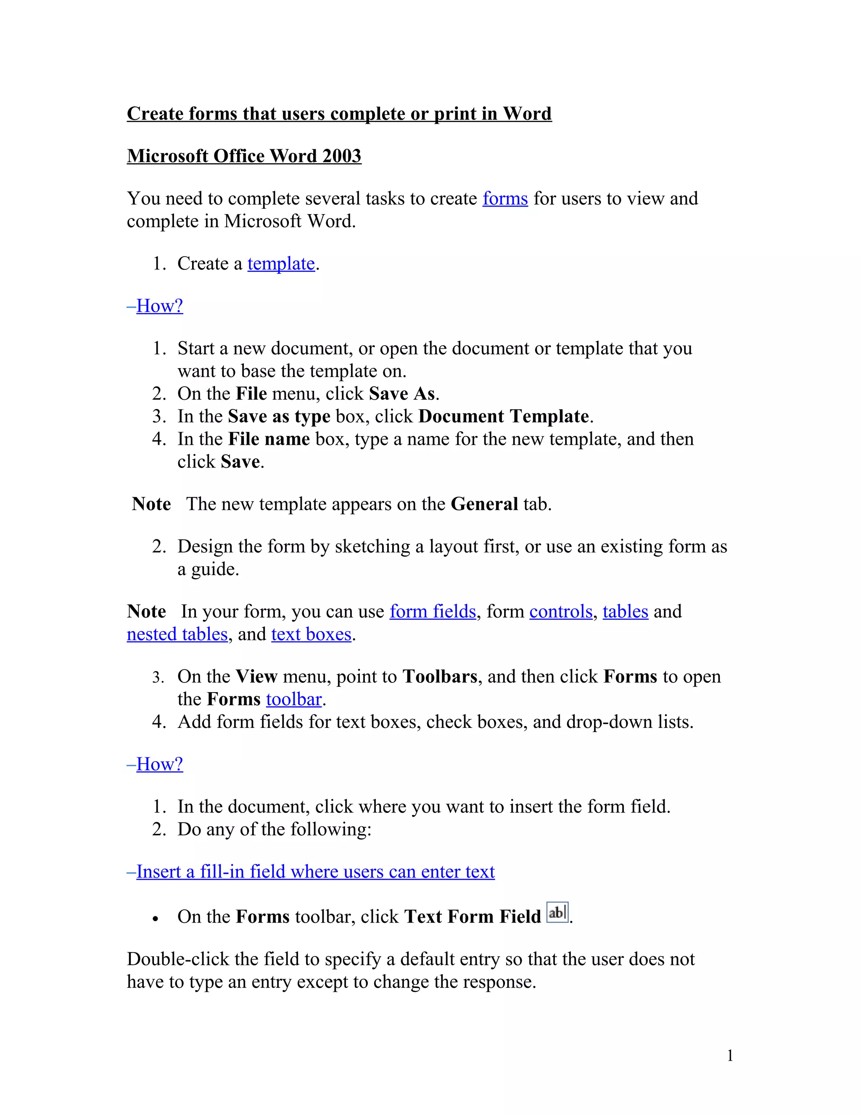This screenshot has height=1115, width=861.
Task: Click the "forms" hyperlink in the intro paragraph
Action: (x=505, y=199)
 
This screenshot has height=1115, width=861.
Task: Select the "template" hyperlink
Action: (x=281, y=264)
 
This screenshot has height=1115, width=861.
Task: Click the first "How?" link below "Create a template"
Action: (x=159, y=306)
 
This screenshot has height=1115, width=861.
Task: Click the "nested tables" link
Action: (x=177, y=634)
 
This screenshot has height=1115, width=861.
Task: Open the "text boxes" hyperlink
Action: (x=311, y=634)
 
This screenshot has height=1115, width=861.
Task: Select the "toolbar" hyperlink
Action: (x=294, y=699)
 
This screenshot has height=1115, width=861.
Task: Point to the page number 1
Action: (x=730, y=1055)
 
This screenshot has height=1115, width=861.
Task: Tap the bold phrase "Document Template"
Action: (x=503, y=417)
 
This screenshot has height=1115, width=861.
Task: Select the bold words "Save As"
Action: (x=402, y=394)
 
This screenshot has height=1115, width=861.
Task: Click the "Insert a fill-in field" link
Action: (x=315, y=872)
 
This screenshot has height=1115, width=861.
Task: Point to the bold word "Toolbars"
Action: (x=440, y=677)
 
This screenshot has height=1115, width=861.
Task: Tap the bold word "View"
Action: (x=256, y=677)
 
